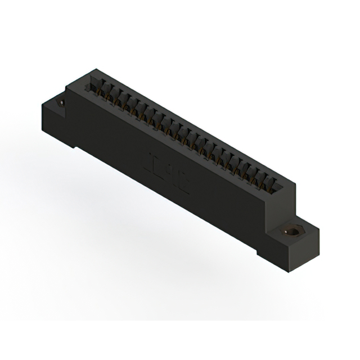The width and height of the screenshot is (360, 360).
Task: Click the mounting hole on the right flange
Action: (x=292, y=232)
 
